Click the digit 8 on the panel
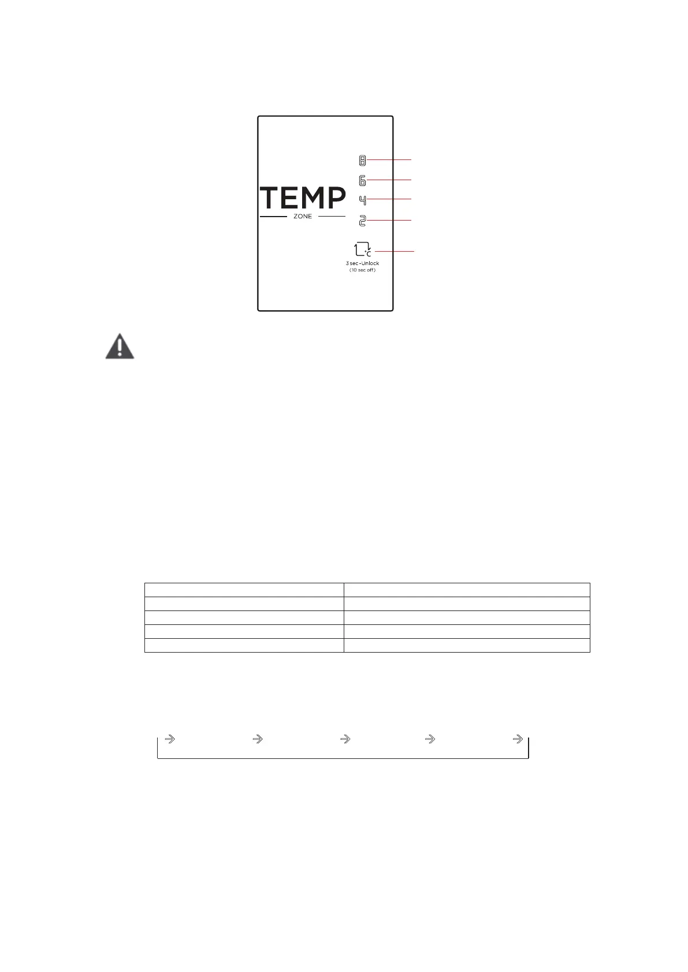click(362, 159)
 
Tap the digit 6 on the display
click(362, 181)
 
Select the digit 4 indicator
click(362, 200)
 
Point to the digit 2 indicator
click(362, 220)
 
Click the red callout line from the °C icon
click(395, 251)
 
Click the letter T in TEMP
click(272, 198)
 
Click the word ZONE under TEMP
click(303, 217)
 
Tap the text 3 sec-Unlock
click(362, 263)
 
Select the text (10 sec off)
click(362, 270)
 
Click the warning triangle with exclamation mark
click(120, 347)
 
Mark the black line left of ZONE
click(273, 217)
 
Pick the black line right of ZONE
click(332, 217)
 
